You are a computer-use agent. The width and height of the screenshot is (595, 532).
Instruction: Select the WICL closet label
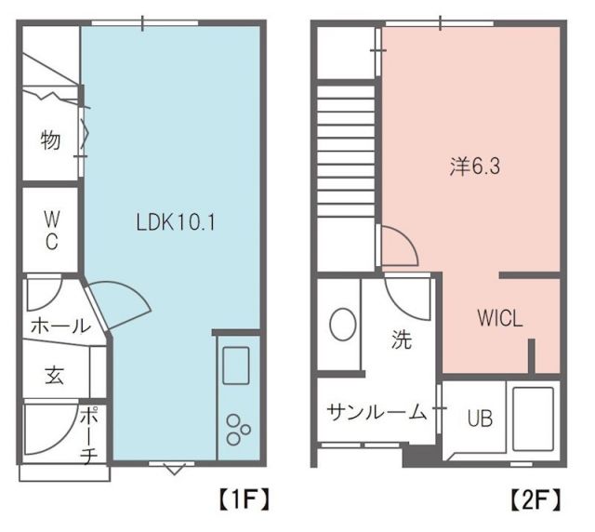500,317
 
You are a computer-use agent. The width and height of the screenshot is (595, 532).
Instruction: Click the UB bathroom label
480,419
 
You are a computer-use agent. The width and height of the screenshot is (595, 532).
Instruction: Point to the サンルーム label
376,411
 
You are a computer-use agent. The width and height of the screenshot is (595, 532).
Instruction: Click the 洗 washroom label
401,339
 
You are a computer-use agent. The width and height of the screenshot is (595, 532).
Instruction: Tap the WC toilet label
51,231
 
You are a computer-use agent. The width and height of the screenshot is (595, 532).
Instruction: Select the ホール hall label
60,326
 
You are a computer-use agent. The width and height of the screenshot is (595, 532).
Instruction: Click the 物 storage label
51,140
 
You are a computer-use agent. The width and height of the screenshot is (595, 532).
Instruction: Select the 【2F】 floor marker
536,499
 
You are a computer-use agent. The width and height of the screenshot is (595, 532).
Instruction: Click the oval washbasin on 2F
342,326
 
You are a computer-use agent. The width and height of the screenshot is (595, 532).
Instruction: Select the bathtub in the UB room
533,418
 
